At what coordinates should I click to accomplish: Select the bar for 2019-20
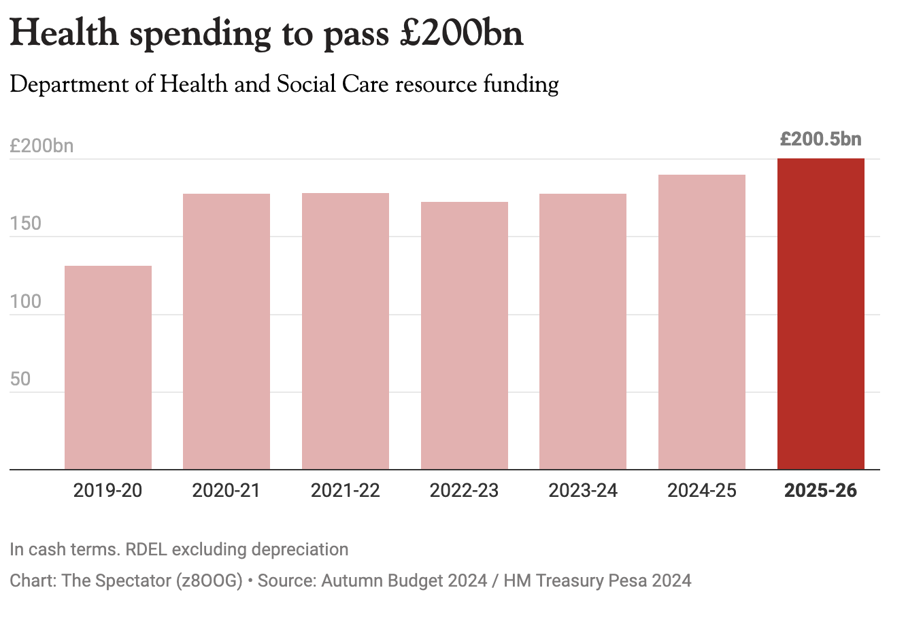(108, 367)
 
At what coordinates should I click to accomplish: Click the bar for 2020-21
(227, 331)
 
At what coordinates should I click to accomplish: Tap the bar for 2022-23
(465, 335)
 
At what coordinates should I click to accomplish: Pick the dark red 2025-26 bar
(821, 313)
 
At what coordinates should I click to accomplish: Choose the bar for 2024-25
(702, 322)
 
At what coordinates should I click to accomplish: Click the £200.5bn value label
(821, 139)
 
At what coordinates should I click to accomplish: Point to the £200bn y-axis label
(41, 146)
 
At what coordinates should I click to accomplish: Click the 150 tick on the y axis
(26, 224)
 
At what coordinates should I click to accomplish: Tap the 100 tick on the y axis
(26, 301)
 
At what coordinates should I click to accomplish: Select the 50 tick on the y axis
(20, 379)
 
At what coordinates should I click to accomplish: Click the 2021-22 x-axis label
(346, 490)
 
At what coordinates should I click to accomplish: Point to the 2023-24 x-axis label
(583, 490)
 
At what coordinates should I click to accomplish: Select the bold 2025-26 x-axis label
(821, 490)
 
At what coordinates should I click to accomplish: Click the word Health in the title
(64, 34)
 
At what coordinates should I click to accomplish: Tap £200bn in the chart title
(462, 34)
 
